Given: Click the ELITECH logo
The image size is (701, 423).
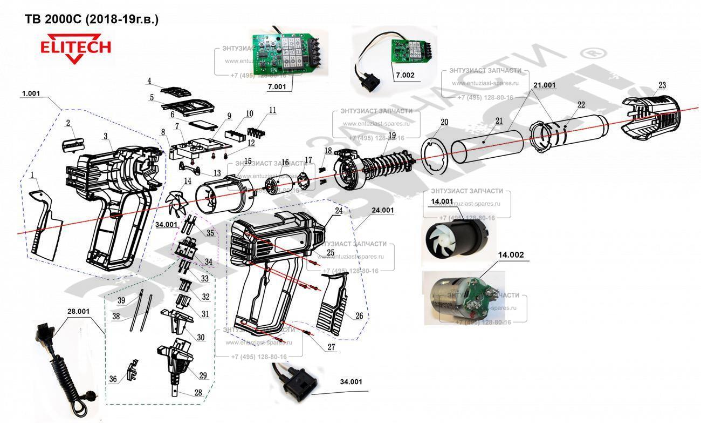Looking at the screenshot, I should [x=76, y=49].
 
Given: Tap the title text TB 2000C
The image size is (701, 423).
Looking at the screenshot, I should [x=92, y=19].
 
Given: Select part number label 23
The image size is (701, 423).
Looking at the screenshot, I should [x=662, y=85].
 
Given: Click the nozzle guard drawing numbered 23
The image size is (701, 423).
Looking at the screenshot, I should [x=651, y=115].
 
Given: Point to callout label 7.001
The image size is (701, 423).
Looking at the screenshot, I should [x=277, y=86].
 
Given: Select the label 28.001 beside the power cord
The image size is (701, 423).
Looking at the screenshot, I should [x=79, y=311].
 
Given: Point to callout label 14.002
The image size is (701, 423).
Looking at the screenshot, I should [x=511, y=254].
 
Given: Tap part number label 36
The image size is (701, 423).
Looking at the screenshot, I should [x=113, y=379].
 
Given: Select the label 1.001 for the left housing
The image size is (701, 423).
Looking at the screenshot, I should [x=31, y=93].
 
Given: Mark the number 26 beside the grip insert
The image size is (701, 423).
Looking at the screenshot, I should [x=359, y=315].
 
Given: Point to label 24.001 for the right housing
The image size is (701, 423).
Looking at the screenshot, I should [x=382, y=210].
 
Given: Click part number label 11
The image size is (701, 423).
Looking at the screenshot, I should [x=272, y=110].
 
